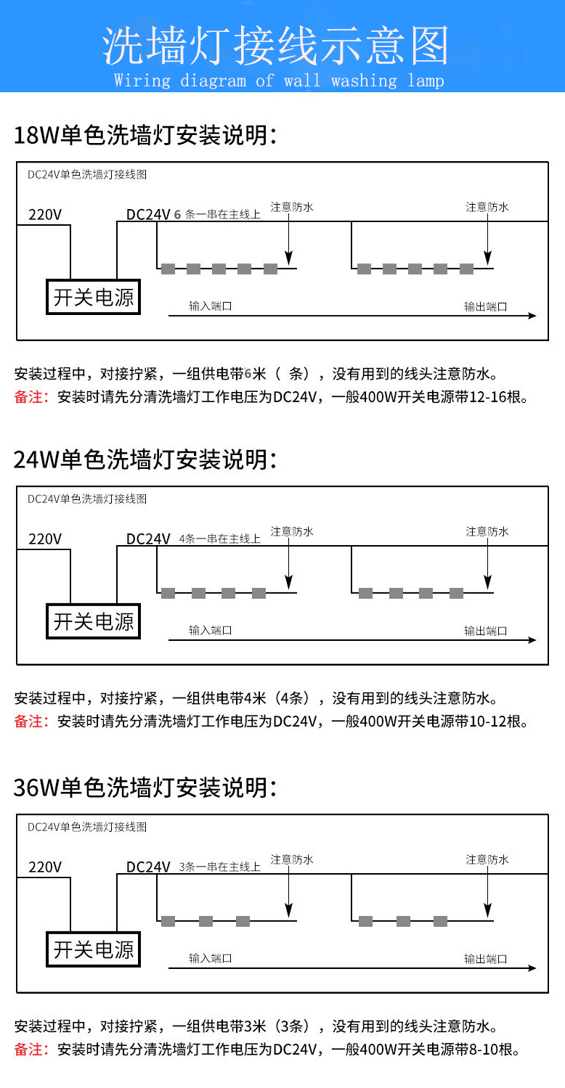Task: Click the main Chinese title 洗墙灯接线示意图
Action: point(275,46)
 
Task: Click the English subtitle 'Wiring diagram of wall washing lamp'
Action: point(279,80)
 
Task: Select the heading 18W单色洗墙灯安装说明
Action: point(145,135)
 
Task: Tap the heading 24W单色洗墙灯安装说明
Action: point(145,459)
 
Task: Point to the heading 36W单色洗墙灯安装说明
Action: point(145,788)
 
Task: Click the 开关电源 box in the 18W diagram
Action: point(93,297)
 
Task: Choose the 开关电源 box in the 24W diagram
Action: point(93,621)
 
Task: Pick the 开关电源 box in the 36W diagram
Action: point(93,949)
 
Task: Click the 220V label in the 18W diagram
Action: point(45,214)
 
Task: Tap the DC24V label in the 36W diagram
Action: point(148,867)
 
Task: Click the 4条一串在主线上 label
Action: point(219,539)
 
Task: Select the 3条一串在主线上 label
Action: point(219,867)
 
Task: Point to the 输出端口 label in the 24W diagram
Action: point(485,631)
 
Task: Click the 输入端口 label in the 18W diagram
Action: point(211,306)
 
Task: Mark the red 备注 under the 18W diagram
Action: point(31,397)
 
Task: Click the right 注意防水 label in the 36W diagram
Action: point(487,859)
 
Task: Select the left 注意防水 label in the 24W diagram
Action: point(292,531)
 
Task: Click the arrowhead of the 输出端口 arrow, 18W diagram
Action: point(532,316)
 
